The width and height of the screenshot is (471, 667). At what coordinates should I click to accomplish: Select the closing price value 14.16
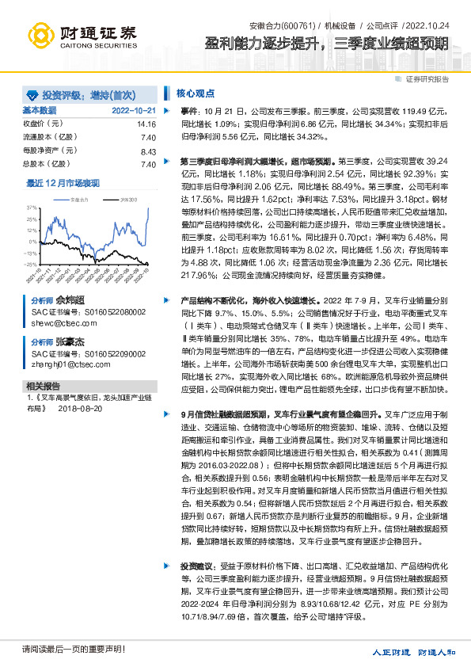[146, 124]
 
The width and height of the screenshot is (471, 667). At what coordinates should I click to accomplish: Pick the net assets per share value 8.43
[148, 151]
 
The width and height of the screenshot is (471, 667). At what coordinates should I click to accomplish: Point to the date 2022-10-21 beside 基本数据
[134, 111]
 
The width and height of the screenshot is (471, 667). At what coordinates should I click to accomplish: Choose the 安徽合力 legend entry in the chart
[78, 201]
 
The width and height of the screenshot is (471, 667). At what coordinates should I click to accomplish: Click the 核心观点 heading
[191, 93]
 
